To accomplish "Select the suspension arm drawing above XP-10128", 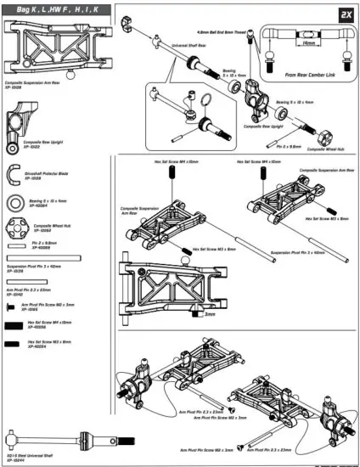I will (52, 53).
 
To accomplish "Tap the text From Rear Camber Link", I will (310, 74).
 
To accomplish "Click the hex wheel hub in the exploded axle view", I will (323, 138).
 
